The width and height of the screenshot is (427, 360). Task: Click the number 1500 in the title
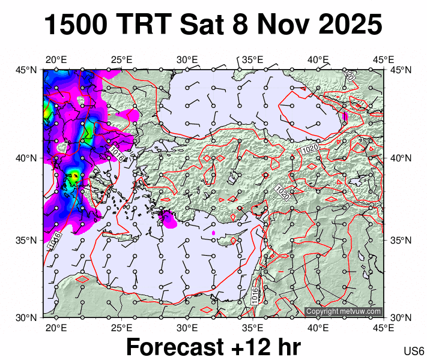(76, 25)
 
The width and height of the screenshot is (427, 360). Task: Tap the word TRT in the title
(145, 25)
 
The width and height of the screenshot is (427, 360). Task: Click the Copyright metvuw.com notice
(343, 311)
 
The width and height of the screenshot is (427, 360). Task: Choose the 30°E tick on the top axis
(187, 59)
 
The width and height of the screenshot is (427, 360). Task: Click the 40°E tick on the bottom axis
(318, 328)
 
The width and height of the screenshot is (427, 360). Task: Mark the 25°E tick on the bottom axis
(121, 328)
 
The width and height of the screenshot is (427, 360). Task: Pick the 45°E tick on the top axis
(383, 59)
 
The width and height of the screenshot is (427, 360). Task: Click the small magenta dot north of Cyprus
(213, 232)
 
